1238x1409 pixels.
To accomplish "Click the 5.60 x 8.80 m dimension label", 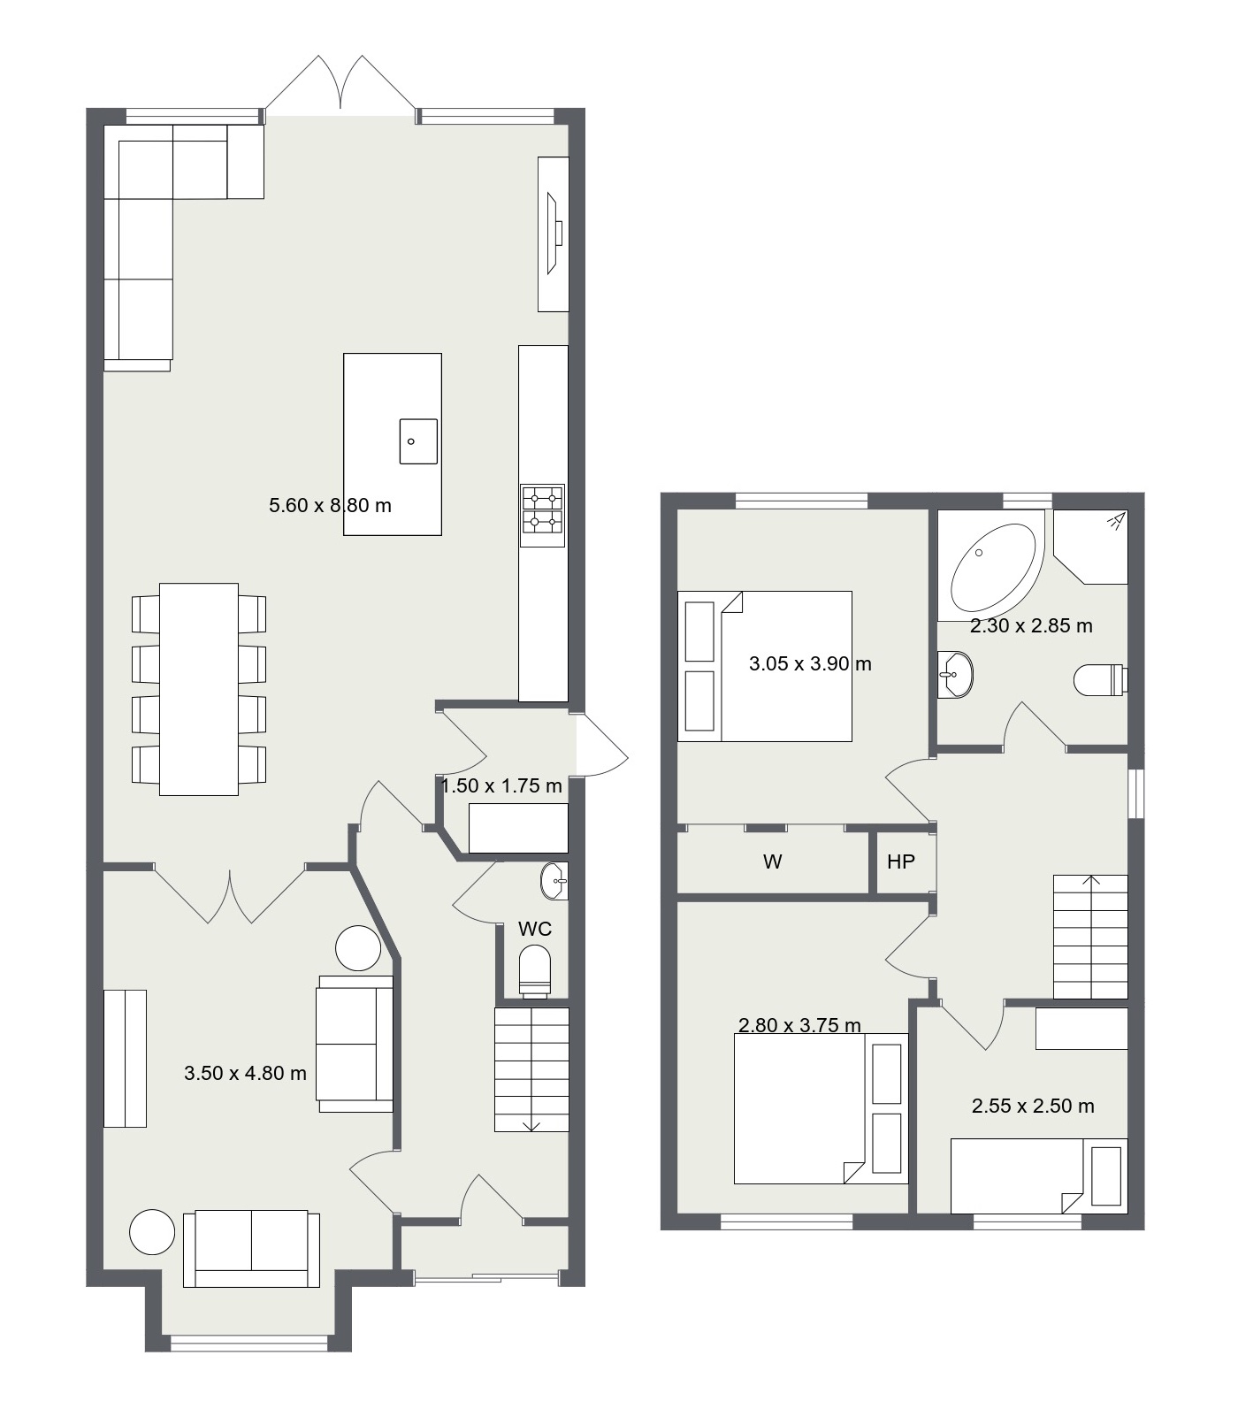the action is coord(330,506).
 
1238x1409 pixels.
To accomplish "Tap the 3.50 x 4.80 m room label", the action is coord(245,1074).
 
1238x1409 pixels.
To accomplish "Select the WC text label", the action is coord(535,929).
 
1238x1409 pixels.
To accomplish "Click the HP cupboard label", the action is coord(900,861).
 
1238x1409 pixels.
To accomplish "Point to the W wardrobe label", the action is coord(772,861).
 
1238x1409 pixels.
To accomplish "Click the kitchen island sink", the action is coord(418,441).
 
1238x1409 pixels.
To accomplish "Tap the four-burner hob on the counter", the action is coord(542,510).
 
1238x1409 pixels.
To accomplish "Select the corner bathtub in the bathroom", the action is coord(991,568).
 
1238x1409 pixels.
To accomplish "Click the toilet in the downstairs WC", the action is coord(535,971).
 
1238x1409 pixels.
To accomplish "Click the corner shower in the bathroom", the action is coord(1091,547).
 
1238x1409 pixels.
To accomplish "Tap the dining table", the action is coord(199,689).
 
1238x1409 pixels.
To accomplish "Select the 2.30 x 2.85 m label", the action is coord(1031,626).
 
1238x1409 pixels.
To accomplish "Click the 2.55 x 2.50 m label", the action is coord(1033,1106).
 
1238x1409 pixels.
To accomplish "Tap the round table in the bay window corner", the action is coord(152,1231).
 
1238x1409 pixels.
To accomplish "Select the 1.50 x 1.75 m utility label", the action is coord(501,786).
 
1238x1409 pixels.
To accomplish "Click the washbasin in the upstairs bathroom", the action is coord(955,675).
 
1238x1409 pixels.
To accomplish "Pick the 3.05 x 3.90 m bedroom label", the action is coord(810,663).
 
